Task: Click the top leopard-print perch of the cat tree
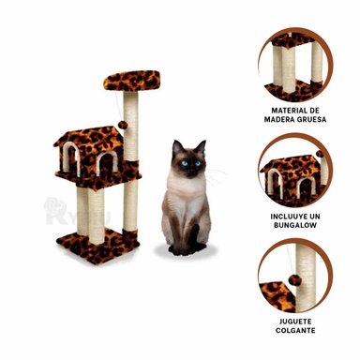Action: [x=131, y=81]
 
